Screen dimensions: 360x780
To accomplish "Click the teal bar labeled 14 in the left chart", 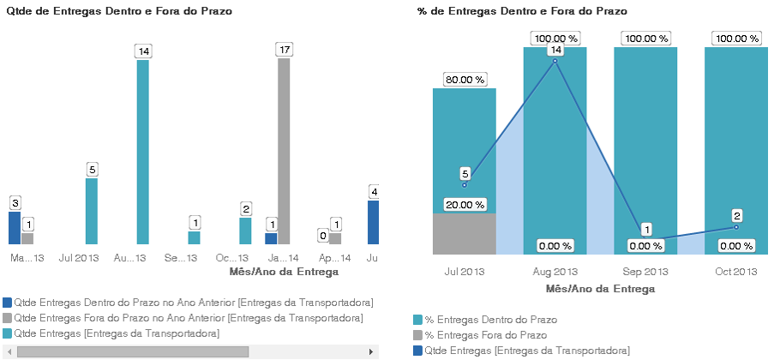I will click(143, 152).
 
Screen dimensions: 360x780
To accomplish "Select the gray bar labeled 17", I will click(284, 151).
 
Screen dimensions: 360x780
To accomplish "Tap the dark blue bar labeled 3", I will click(15, 228).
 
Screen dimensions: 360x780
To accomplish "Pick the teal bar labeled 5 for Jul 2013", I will click(92, 211).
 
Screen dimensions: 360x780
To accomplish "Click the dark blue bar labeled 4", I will click(373, 222).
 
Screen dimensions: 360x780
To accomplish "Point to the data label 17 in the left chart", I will click(284, 51).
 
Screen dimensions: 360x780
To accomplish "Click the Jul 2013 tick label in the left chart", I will click(79, 258).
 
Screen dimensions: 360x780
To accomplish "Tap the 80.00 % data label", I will click(465, 80).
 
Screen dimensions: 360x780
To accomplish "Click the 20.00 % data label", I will click(465, 205).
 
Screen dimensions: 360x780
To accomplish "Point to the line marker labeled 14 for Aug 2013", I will click(555, 61).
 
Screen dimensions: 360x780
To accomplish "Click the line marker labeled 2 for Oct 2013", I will click(736, 227).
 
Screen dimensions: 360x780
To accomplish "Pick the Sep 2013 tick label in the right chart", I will click(645, 272).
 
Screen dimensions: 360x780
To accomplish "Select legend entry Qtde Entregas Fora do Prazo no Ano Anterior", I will click(189, 318).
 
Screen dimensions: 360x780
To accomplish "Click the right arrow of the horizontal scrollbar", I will click(371, 351).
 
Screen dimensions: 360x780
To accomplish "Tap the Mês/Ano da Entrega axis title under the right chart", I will click(600, 289).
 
